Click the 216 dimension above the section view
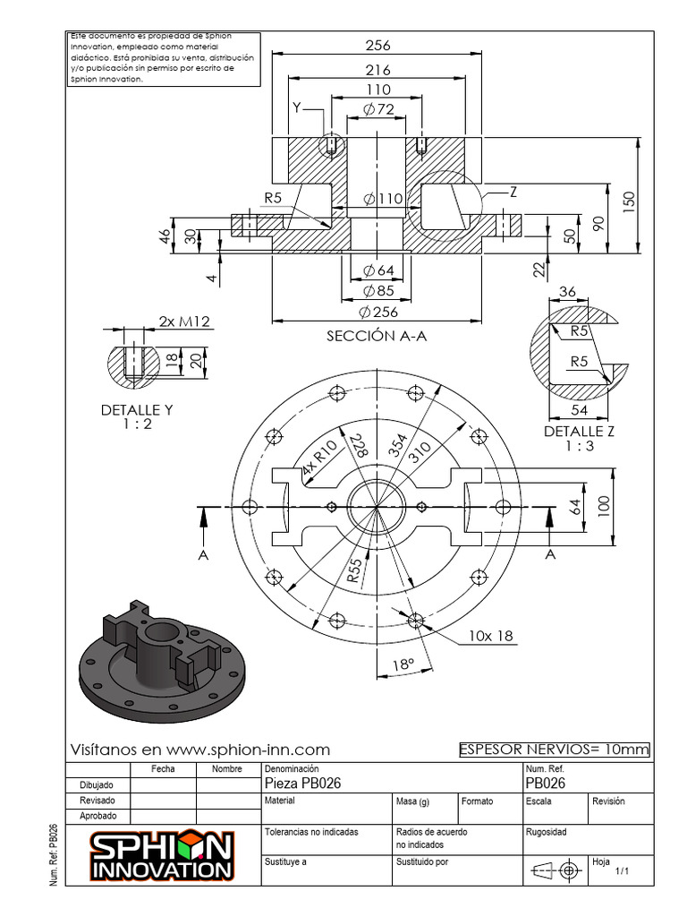click(x=377, y=69)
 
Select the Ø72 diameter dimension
click(x=378, y=109)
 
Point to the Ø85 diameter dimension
click(x=378, y=290)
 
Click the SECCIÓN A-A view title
click(x=377, y=336)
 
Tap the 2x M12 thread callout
click(x=184, y=321)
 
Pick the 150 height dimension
click(x=628, y=197)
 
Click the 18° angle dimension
click(x=403, y=665)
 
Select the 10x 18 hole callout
click(x=490, y=636)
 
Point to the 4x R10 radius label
click(x=319, y=458)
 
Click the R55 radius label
click(x=355, y=570)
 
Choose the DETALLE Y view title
click(x=137, y=416)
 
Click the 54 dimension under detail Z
click(x=579, y=409)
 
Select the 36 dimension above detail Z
click(x=568, y=291)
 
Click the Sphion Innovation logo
click(x=162, y=855)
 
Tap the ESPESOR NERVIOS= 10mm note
click(x=554, y=750)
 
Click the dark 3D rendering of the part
click(x=161, y=658)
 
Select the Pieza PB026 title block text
click(x=303, y=783)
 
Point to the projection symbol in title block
click(x=556, y=870)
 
